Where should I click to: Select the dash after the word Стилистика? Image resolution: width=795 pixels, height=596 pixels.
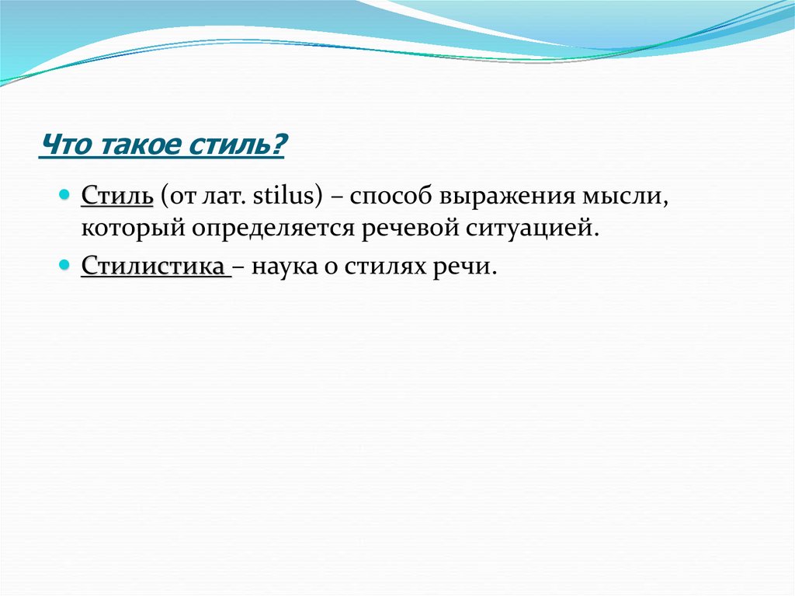[x=238, y=267]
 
